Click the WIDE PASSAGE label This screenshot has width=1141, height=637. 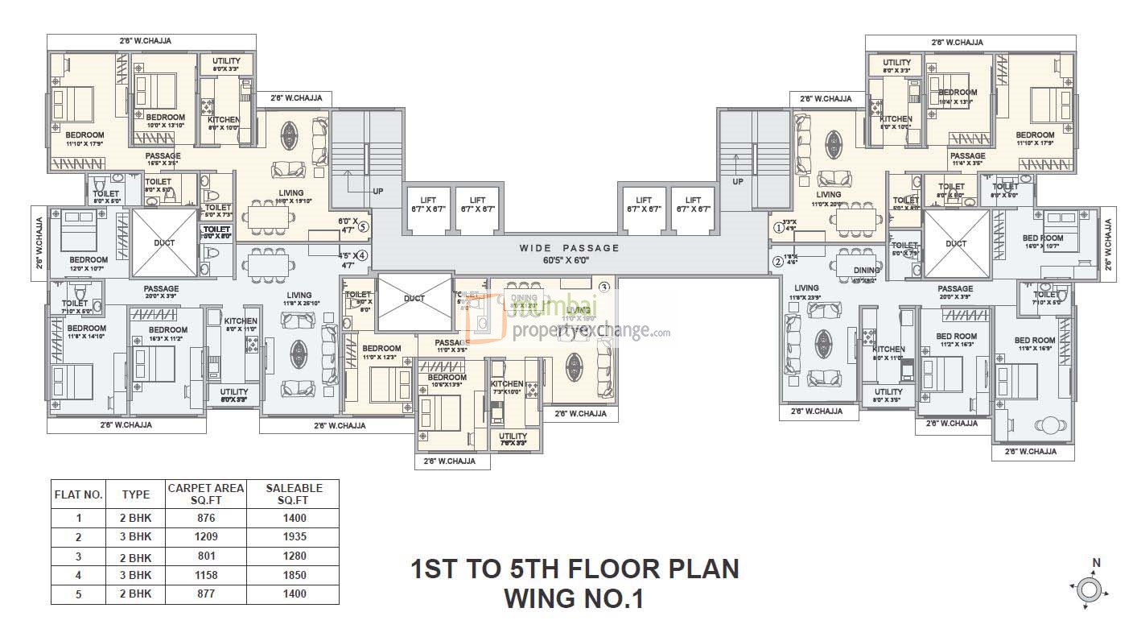click(569, 248)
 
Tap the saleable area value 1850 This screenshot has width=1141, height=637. click(295, 575)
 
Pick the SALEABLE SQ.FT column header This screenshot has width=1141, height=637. click(295, 494)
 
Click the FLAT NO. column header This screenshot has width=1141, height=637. click(78, 494)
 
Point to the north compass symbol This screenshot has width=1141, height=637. click(1089, 589)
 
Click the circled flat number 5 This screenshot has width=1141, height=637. click(363, 226)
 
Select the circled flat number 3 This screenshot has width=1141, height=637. click(603, 287)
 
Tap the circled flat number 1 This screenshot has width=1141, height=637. click(777, 228)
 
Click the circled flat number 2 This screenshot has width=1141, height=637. click(777, 261)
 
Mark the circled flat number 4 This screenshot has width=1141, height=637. click(363, 255)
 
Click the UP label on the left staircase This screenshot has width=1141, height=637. click(377, 192)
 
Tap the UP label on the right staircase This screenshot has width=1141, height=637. click(738, 182)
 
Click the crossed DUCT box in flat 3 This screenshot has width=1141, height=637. click(414, 301)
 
